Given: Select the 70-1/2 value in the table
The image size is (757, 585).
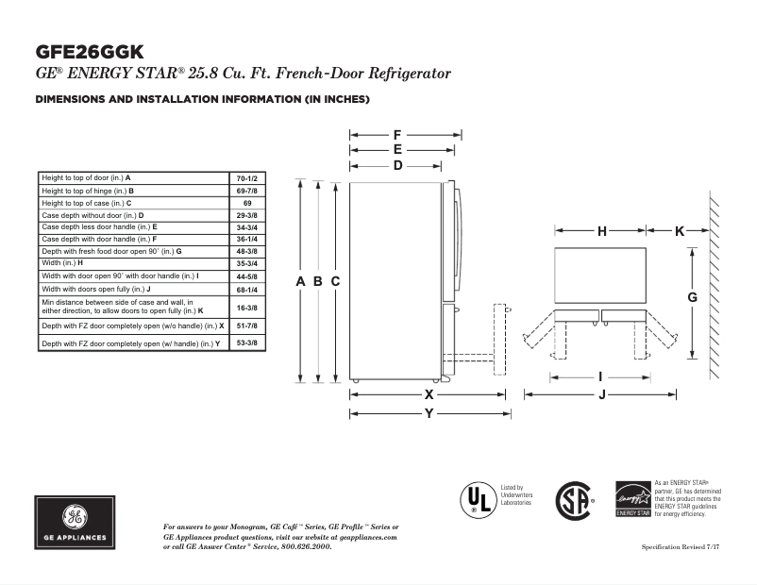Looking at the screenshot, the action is pyautogui.click(x=246, y=177).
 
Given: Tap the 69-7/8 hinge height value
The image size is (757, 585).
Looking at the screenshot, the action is pyautogui.click(x=246, y=191).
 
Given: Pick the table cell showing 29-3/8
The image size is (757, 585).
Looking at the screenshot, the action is pyautogui.click(x=246, y=215).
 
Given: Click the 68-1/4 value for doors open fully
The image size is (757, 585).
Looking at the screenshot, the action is pyautogui.click(x=246, y=289).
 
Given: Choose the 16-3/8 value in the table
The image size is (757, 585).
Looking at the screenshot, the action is pyautogui.click(x=246, y=307).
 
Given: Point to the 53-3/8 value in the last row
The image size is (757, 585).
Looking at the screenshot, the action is pyautogui.click(x=246, y=343).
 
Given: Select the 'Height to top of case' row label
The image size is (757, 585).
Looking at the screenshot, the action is pyautogui.click(x=86, y=203).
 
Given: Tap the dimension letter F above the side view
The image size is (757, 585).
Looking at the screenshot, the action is pyautogui.click(x=398, y=135).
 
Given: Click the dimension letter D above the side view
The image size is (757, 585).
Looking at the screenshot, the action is pyautogui.click(x=398, y=165).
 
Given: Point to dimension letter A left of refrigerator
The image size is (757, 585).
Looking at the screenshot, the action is pyautogui.click(x=300, y=281).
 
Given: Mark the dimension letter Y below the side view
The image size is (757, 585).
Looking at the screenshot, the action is pyautogui.click(x=429, y=413).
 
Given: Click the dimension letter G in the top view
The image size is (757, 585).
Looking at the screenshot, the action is pyautogui.click(x=692, y=297).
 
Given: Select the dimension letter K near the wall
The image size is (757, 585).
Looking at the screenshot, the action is pyautogui.click(x=680, y=230).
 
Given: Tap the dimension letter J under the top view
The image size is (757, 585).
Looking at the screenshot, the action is pyautogui.click(x=601, y=394).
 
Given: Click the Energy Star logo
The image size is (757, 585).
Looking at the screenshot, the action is pyautogui.click(x=632, y=498).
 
